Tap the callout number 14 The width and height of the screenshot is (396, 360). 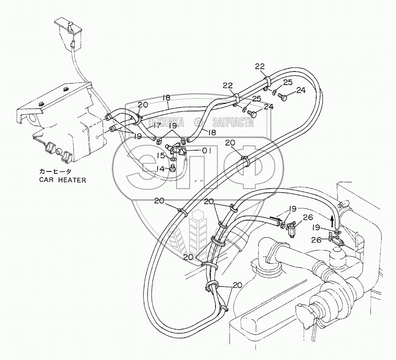160,169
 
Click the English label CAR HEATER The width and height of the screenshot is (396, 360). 62,180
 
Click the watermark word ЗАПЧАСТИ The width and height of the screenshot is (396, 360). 234,122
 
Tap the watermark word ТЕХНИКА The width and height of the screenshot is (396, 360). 166,122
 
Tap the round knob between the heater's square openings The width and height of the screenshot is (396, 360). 59,152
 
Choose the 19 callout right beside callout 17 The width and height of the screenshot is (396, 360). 172,126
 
